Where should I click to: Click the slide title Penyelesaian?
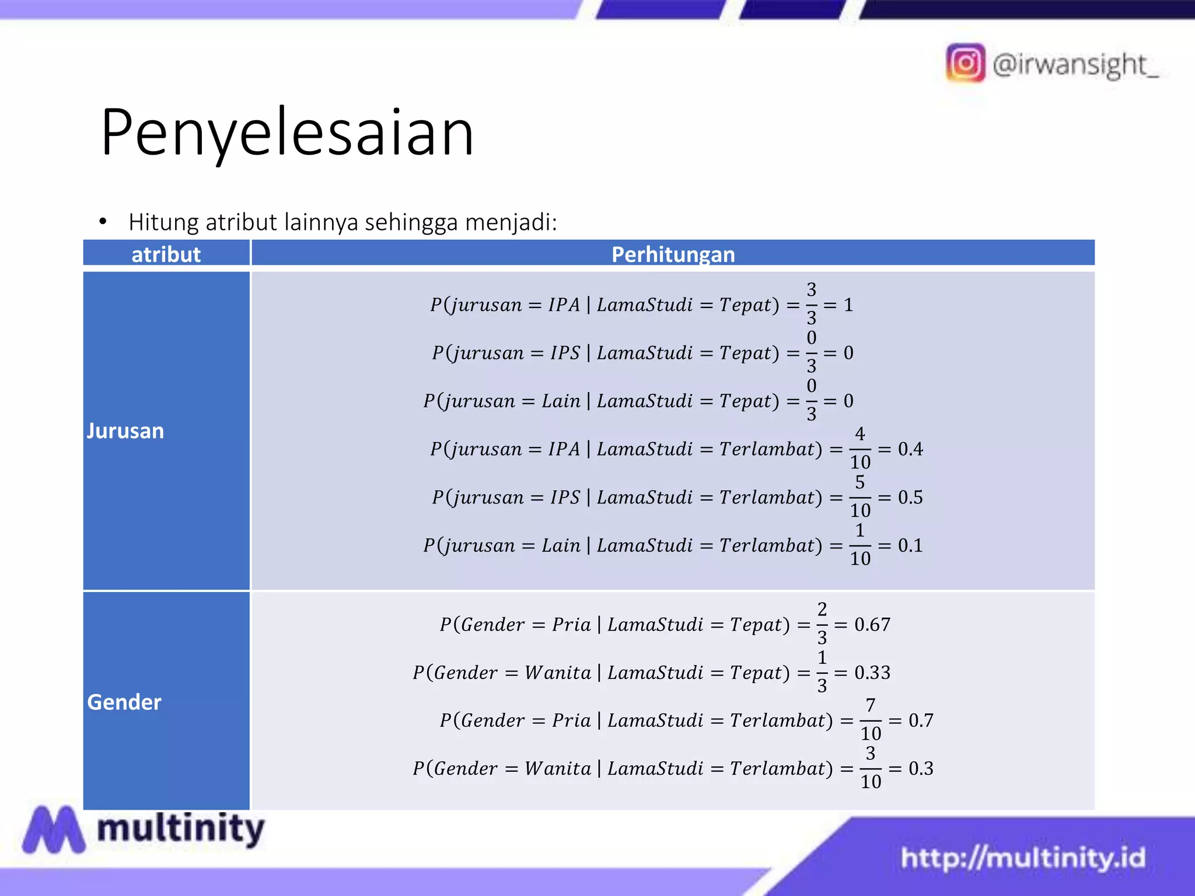pos(287,133)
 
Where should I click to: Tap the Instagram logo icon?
pos(965,63)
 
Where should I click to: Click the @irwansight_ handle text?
pos(1075,64)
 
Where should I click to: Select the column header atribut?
pos(166,254)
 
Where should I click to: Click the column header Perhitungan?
pos(673,254)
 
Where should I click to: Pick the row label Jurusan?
pos(125,431)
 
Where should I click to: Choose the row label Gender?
pos(124,702)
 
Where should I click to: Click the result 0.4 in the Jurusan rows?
pos(910,449)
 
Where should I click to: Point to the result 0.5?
pos(910,498)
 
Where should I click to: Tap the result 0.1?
pos(910,545)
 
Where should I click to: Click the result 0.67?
pos(872,625)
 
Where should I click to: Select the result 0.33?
pos(872,673)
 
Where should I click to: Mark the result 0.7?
pos(921,720)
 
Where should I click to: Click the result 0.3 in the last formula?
pos(921,768)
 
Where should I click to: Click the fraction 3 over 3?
pos(811,304)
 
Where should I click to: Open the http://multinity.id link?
pos(1023,858)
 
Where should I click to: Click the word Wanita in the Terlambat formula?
pos(558,769)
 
